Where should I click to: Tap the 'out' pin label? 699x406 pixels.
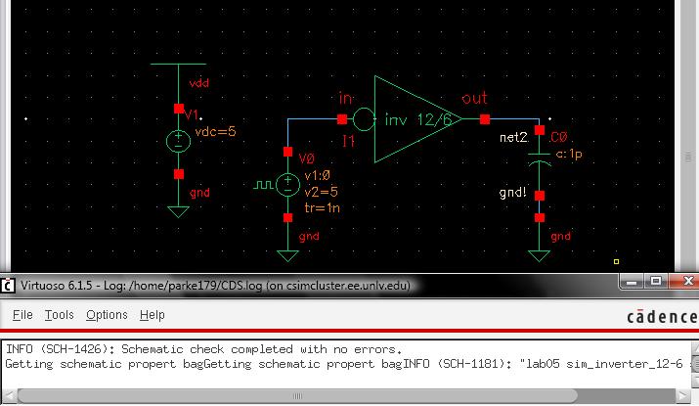pos(474,98)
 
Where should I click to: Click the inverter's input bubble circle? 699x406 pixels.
pos(362,119)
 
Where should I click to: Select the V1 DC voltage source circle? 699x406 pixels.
pos(178,141)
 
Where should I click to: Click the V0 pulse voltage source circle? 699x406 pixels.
pos(287,184)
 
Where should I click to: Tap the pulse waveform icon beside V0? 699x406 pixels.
pos(264,183)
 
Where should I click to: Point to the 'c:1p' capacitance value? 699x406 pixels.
pos(571,154)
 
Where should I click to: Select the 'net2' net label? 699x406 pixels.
pos(513,138)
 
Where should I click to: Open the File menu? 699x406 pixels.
pos(22,315)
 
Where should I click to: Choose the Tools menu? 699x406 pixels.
pos(59,315)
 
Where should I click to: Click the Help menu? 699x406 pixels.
pos(152,315)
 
